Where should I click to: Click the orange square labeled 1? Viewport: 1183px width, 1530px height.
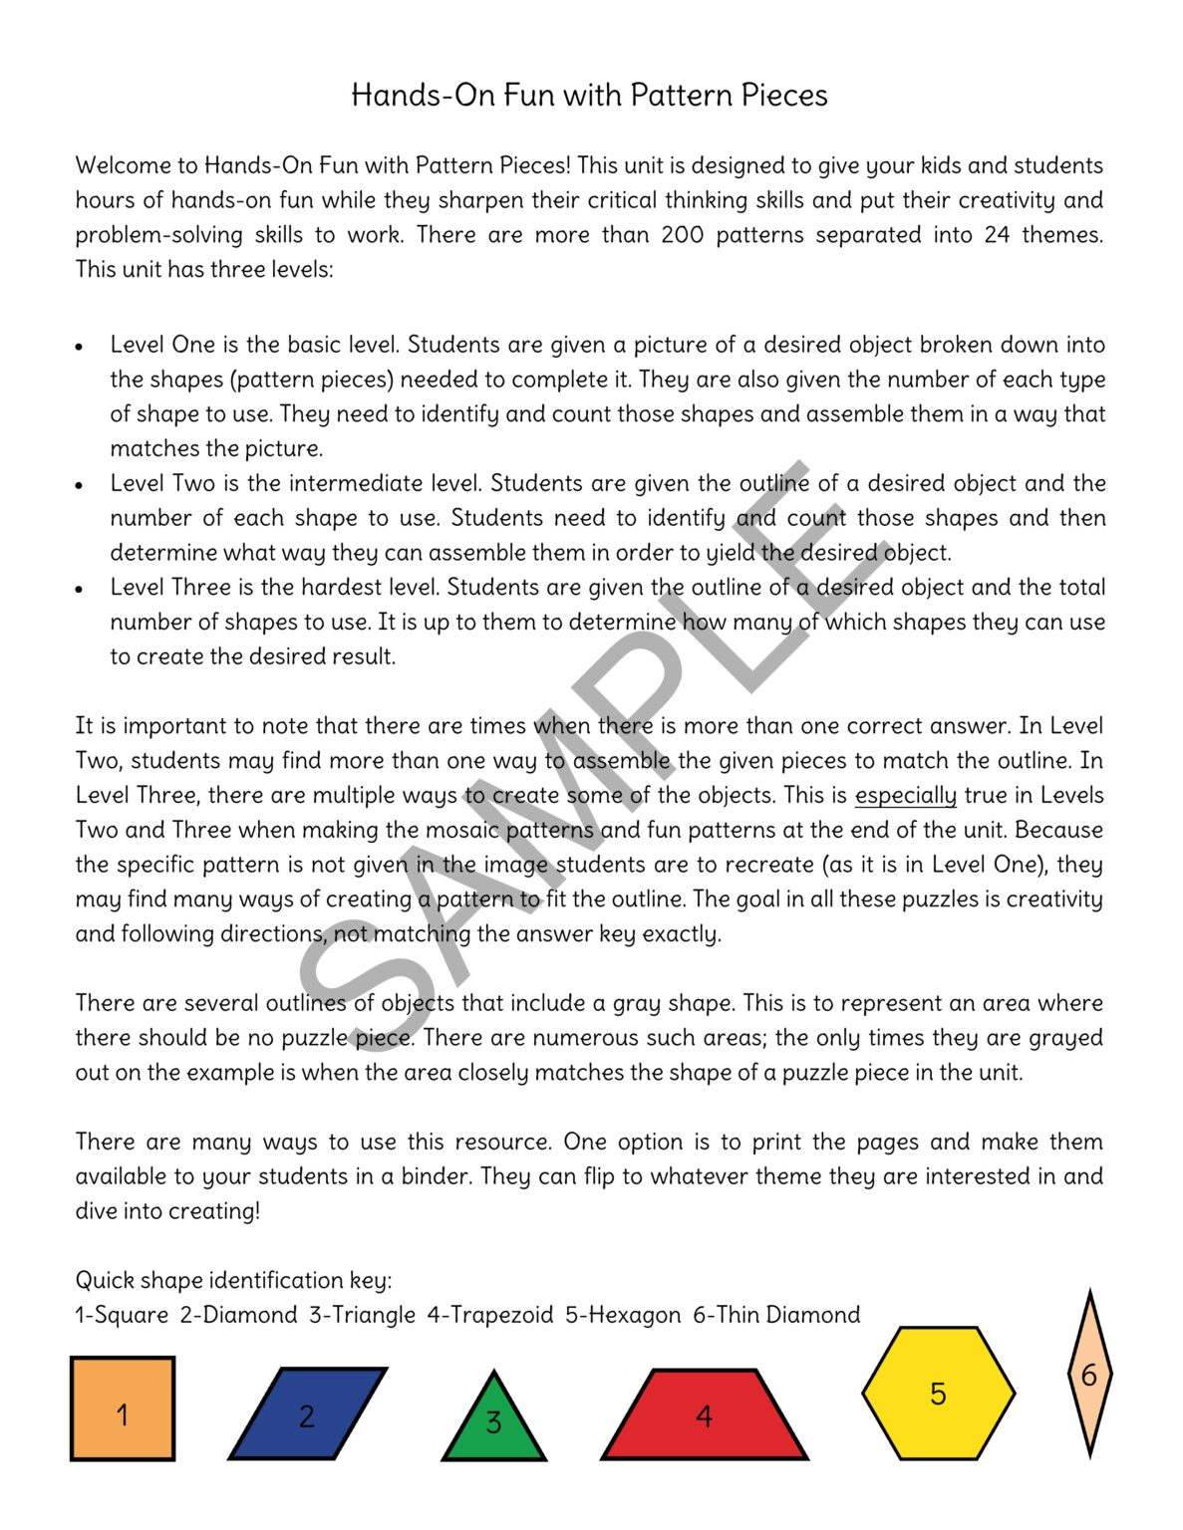tap(123, 1408)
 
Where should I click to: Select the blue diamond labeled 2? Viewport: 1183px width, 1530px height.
tap(307, 1413)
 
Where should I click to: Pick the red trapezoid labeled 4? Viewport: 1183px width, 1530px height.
tap(704, 1415)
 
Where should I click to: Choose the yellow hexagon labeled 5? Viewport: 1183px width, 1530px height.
tap(938, 1393)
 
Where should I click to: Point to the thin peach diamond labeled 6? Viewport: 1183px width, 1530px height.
tap(1089, 1375)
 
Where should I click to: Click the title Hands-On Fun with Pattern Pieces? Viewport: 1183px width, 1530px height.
tap(589, 96)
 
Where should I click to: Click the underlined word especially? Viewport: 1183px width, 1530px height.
tap(905, 795)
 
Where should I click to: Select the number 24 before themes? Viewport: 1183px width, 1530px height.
tap(997, 235)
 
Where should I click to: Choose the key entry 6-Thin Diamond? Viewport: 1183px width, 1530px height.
tap(776, 1315)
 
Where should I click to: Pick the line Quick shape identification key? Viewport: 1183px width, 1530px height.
tap(233, 1280)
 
